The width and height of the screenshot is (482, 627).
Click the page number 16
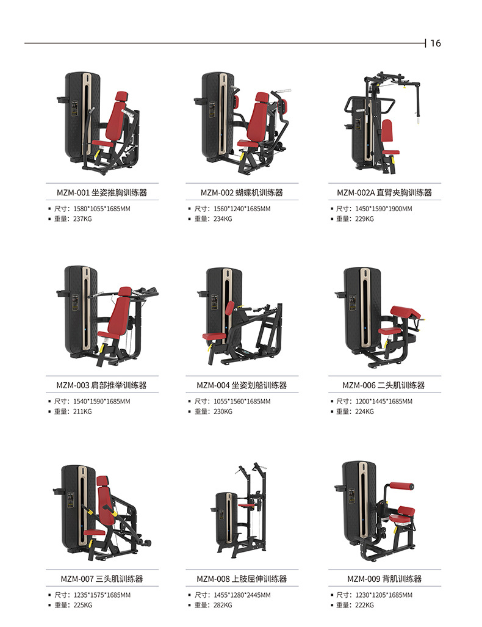436,43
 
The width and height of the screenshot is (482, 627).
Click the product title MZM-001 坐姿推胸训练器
102,193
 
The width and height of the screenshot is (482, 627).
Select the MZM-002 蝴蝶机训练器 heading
242,193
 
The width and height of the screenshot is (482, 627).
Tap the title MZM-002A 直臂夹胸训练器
384,193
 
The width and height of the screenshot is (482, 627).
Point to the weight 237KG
82,219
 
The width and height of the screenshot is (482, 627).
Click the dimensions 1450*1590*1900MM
384,209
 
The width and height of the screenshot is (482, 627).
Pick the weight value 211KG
82,411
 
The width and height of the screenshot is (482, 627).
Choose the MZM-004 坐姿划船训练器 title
242,385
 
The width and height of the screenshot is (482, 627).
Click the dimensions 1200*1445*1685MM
384,402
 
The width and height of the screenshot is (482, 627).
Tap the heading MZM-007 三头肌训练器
102,579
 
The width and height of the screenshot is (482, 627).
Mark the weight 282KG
223,605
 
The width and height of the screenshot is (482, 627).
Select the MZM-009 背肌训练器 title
384,579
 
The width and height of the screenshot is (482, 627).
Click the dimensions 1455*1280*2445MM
242,595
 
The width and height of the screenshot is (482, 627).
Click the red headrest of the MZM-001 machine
121,96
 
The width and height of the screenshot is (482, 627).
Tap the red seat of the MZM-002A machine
391,152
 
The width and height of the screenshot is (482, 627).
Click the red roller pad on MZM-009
401,486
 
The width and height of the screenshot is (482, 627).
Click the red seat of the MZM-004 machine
215,336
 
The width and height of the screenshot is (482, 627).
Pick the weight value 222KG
364,605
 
